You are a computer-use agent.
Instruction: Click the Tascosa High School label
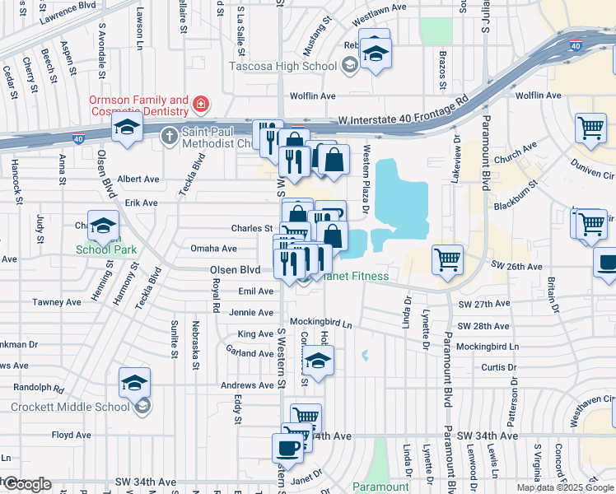[282, 65]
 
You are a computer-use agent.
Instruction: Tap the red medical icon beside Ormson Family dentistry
[200, 104]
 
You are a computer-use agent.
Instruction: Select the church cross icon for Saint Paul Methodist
[168, 134]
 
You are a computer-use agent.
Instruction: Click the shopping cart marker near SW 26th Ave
[447, 260]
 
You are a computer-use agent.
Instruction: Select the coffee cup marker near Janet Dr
[288, 448]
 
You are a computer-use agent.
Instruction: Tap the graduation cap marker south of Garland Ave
[318, 360]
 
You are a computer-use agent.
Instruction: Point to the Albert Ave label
[138, 179]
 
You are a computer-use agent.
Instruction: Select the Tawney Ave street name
[58, 302]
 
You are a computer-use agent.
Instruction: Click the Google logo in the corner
[26, 484]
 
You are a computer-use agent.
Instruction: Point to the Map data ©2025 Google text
[564, 487]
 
